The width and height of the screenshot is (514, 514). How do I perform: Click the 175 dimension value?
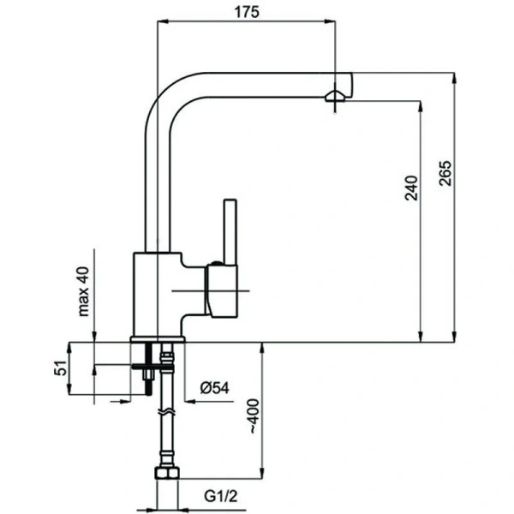247,12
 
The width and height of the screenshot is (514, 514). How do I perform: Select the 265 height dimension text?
445,173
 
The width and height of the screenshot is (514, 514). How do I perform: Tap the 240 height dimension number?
412,188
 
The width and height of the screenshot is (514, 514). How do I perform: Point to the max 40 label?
84,291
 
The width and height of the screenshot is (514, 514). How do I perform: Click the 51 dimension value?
61,368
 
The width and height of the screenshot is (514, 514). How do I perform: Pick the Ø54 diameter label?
215,388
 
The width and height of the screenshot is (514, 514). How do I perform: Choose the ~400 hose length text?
254,416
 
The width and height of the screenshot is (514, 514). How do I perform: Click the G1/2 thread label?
221,496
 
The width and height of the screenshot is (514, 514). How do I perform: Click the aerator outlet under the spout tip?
335,98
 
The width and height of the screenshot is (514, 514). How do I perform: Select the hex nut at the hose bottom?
167,473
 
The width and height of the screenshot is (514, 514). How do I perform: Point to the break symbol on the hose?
167,412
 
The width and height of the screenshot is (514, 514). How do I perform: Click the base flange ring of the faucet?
158,339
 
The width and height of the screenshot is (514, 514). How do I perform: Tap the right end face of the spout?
352,85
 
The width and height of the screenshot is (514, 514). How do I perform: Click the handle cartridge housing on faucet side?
222,291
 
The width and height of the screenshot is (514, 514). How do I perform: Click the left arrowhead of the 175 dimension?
163,21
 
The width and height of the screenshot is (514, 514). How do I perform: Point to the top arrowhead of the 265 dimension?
454,78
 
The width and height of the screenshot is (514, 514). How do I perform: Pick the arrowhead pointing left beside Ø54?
190,401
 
